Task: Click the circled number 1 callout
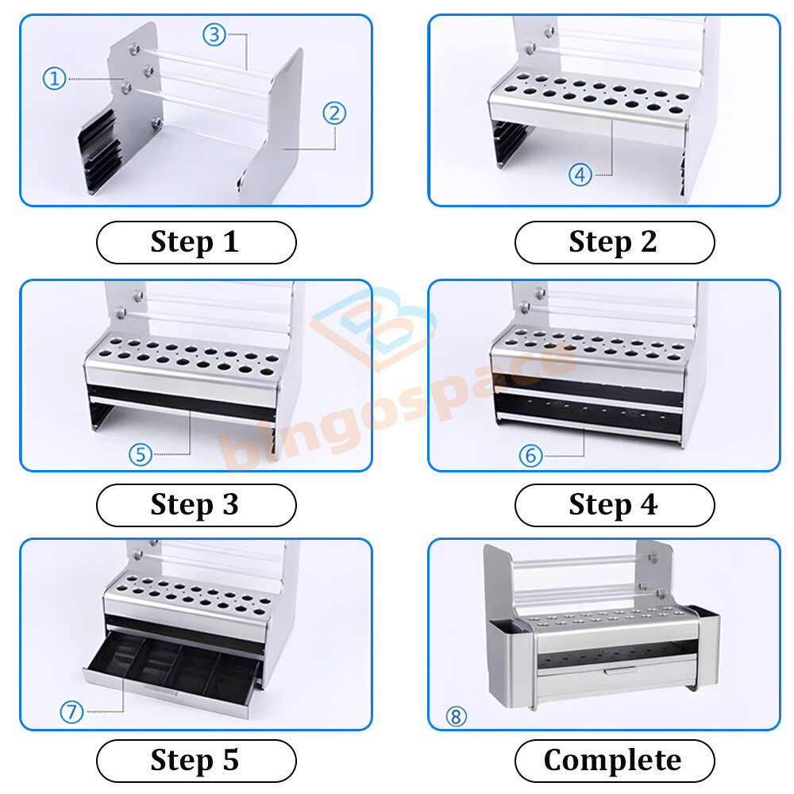[54, 79]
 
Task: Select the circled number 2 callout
[334, 113]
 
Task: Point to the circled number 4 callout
[580, 175]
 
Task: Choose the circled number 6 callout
[530, 455]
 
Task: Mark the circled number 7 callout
[71, 712]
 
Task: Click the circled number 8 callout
[455, 717]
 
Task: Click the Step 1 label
[195, 242]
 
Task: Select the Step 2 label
[614, 242]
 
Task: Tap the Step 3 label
[195, 505]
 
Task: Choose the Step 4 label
[614, 505]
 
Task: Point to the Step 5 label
[195, 761]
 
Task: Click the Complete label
[614, 761]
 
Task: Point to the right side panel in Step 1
[274, 119]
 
